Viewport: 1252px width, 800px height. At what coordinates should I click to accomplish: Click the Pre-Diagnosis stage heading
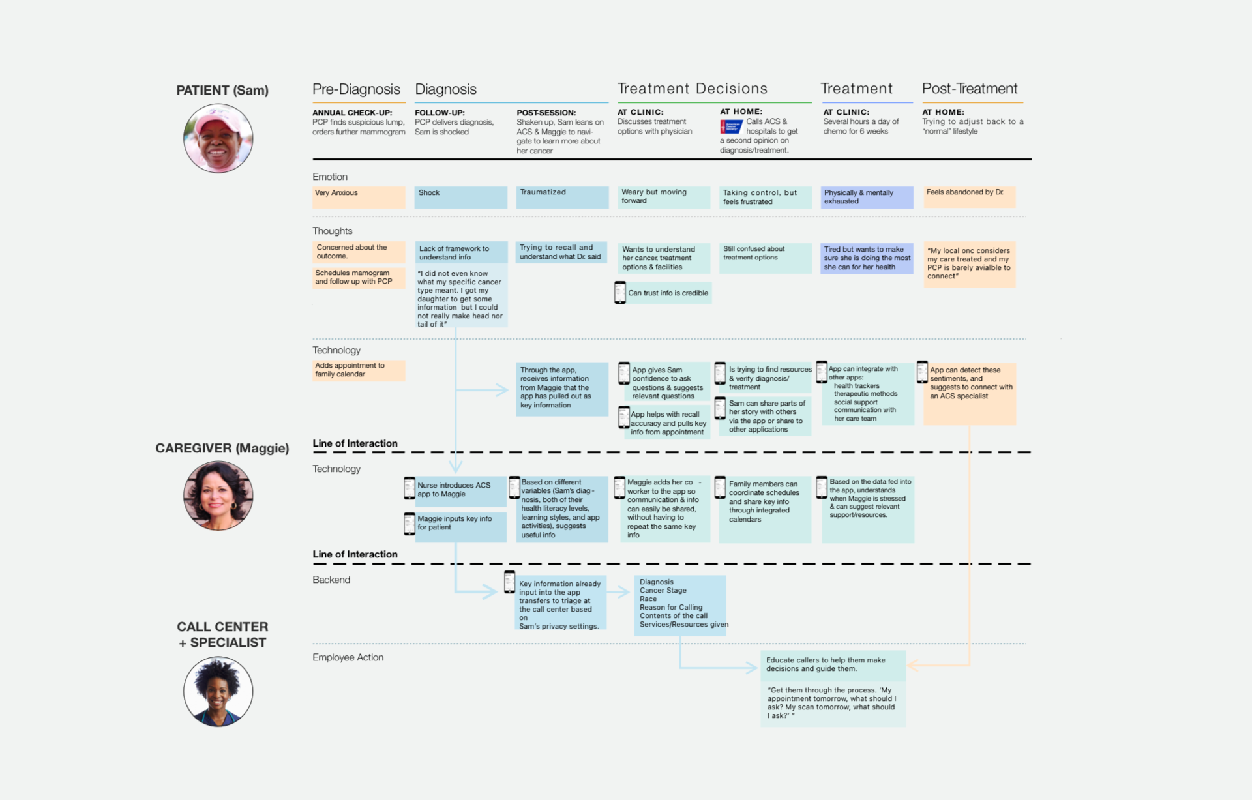(356, 89)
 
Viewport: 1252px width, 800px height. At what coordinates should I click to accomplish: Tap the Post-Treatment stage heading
(969, 89)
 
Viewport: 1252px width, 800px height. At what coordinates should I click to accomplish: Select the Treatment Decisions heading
(692, 89)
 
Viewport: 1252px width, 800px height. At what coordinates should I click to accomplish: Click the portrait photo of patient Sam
(218, 138)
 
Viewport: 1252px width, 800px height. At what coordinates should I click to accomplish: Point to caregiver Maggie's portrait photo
(218, 496)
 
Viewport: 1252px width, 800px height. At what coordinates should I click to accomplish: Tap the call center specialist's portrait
(218, 691)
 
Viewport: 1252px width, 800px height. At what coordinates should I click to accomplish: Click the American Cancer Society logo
(731, 126)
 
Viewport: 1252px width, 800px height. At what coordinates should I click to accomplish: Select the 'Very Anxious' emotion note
(358, 197)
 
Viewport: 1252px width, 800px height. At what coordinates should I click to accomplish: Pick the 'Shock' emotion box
(460, 197)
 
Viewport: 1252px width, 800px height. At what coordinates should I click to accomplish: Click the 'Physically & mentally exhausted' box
(867, 197)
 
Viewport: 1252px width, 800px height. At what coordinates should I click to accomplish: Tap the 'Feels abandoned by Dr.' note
(969, 197)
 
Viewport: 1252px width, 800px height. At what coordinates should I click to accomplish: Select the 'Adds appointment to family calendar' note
(358, 370)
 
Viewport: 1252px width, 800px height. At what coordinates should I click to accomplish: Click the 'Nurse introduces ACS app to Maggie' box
(460, 490)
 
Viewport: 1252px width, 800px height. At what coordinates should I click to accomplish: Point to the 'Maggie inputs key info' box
(460, 526)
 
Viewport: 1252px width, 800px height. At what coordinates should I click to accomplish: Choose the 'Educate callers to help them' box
(833, 665)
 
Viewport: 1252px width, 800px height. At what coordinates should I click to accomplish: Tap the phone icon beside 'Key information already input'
(509, 582)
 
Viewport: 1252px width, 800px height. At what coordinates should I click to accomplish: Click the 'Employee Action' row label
(348, 657)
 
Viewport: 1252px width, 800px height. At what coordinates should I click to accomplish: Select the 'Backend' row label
(331, 580)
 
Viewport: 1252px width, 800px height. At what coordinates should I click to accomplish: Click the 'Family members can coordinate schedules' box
(764, 509)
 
